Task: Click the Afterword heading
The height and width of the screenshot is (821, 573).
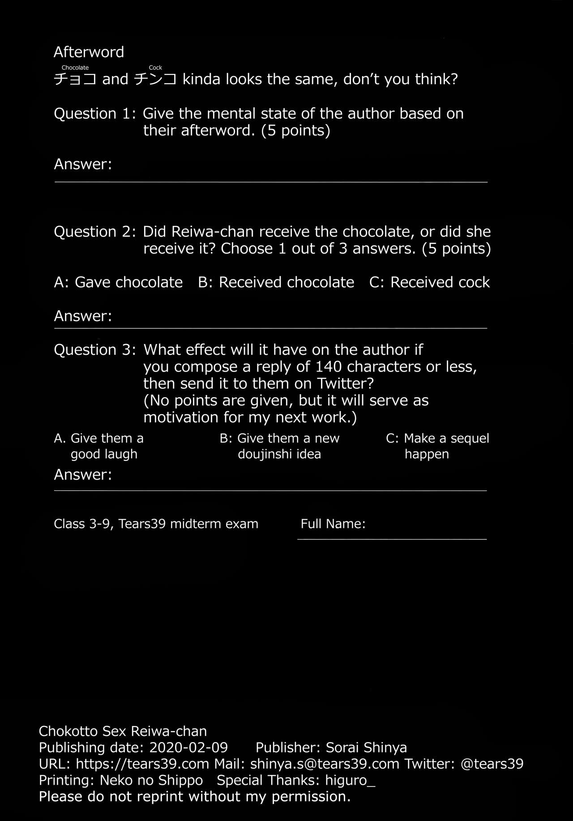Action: coord(89,52)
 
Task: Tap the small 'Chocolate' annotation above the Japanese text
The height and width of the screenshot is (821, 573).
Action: coord(75,68)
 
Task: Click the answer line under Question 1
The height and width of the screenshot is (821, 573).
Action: coord(271,181)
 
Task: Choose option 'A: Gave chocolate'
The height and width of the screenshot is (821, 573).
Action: coord(118,282)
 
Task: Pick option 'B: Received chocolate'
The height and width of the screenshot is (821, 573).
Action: coord(276,282)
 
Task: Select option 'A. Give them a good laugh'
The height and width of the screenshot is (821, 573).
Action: coord(99,446)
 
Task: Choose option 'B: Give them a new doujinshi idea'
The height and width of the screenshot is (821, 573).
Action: coord(279,446)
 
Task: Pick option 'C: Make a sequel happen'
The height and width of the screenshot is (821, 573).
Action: coord(437,446)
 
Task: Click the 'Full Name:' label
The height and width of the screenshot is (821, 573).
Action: coord(333,524)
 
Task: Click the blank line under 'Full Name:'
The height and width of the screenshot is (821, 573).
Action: coord(392,539)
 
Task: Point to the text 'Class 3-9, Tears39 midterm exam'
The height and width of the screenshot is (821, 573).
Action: coord(156,524)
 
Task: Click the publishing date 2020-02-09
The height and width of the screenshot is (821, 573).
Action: coord(188,748)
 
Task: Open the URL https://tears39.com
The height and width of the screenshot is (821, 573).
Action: coord(142,764)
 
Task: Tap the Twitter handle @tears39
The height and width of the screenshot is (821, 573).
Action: coord(492,764)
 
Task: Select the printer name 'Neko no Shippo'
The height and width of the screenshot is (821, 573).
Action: coord(151,780)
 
